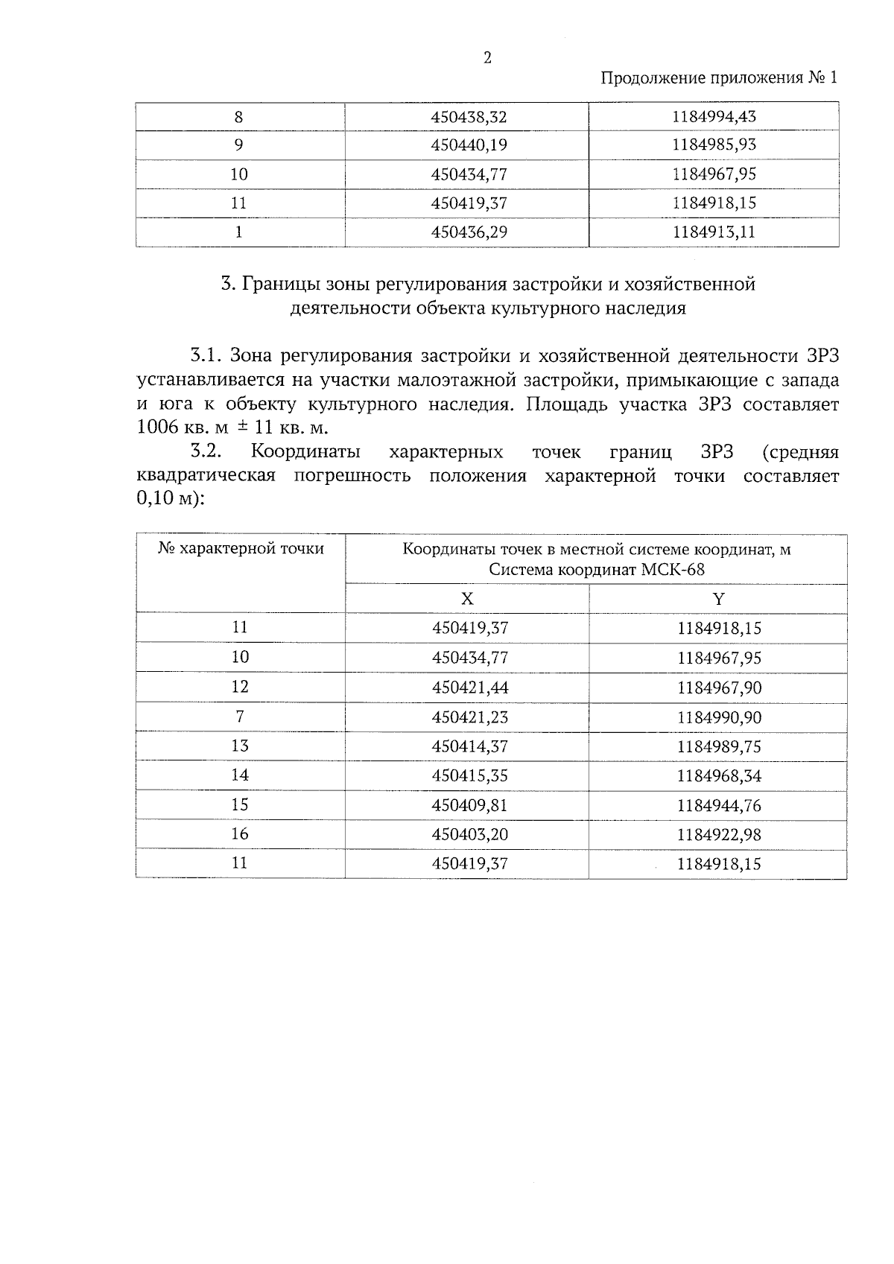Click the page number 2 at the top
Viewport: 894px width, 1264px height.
487,58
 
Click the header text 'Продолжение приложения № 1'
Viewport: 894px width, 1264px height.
718,78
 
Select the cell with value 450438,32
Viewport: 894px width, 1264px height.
469,117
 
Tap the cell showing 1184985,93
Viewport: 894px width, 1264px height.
713,144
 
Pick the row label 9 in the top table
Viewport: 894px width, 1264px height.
238,145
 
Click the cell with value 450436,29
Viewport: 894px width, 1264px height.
469,232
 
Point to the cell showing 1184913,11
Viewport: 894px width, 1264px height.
713,232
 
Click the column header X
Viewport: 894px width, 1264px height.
467,599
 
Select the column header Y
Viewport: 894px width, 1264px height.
718,599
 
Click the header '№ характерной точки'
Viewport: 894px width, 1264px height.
241,549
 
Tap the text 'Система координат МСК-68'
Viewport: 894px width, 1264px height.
596,570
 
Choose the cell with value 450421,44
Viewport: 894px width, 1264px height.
469,687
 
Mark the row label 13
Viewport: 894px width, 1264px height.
239,746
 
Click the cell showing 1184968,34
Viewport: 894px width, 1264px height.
719,775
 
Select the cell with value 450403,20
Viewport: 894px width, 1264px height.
469,834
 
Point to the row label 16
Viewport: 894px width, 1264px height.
239,833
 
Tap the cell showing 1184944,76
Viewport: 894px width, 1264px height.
719,805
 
